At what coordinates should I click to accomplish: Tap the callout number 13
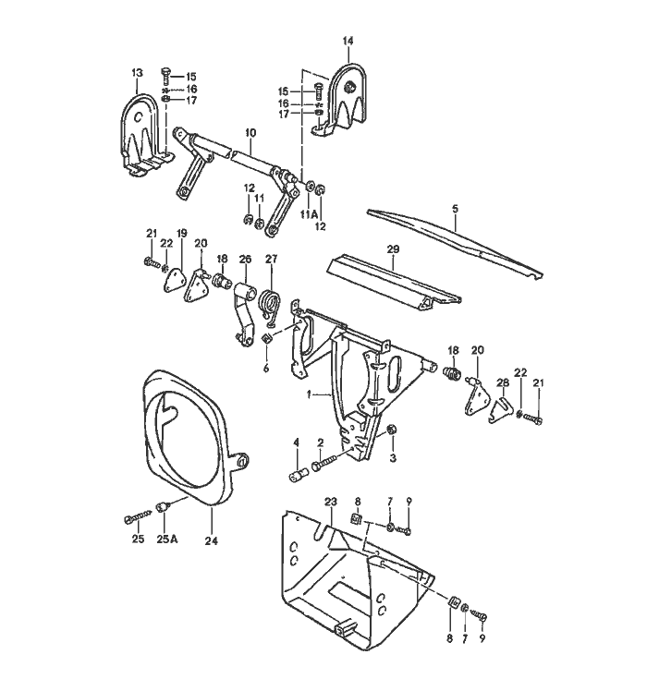pyautogui.click(x=137, y=72)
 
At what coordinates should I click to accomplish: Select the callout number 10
pyautogui.click(x=250, y=133)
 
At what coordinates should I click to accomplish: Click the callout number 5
pyautogui.click(x=455, y=210)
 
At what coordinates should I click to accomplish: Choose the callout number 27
pyautogui.click(x=271, y=260)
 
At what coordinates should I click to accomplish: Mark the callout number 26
pyautogui.click(x=245, y=260)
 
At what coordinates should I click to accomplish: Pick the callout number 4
pyautogui.click(x=297, y=443)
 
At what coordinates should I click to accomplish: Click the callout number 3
pyautogui.click(x=392, y=456)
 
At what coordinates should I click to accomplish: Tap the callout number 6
pyautogui.click(x=266, y=367)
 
